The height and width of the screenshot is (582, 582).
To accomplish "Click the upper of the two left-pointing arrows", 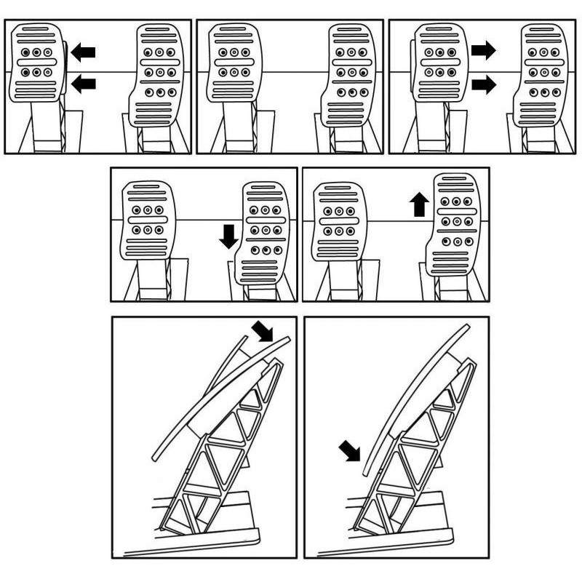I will click(x=83, y=52).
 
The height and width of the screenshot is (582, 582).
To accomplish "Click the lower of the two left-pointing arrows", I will click(x=83, y=84).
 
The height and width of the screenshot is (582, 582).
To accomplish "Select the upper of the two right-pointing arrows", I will click(x=483, y=51).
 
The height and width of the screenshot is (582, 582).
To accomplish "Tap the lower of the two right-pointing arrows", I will click(x=483, y=84).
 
